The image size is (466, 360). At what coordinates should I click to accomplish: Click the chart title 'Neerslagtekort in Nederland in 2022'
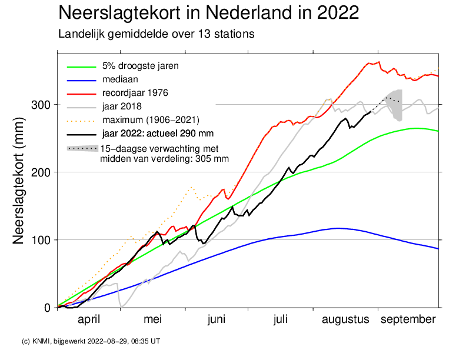coord(209,13)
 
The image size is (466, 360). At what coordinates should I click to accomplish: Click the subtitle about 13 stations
coord(156,34)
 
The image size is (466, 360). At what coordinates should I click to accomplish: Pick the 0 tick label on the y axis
coord(48,308)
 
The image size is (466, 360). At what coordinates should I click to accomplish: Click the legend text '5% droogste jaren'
coord(140,65)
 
